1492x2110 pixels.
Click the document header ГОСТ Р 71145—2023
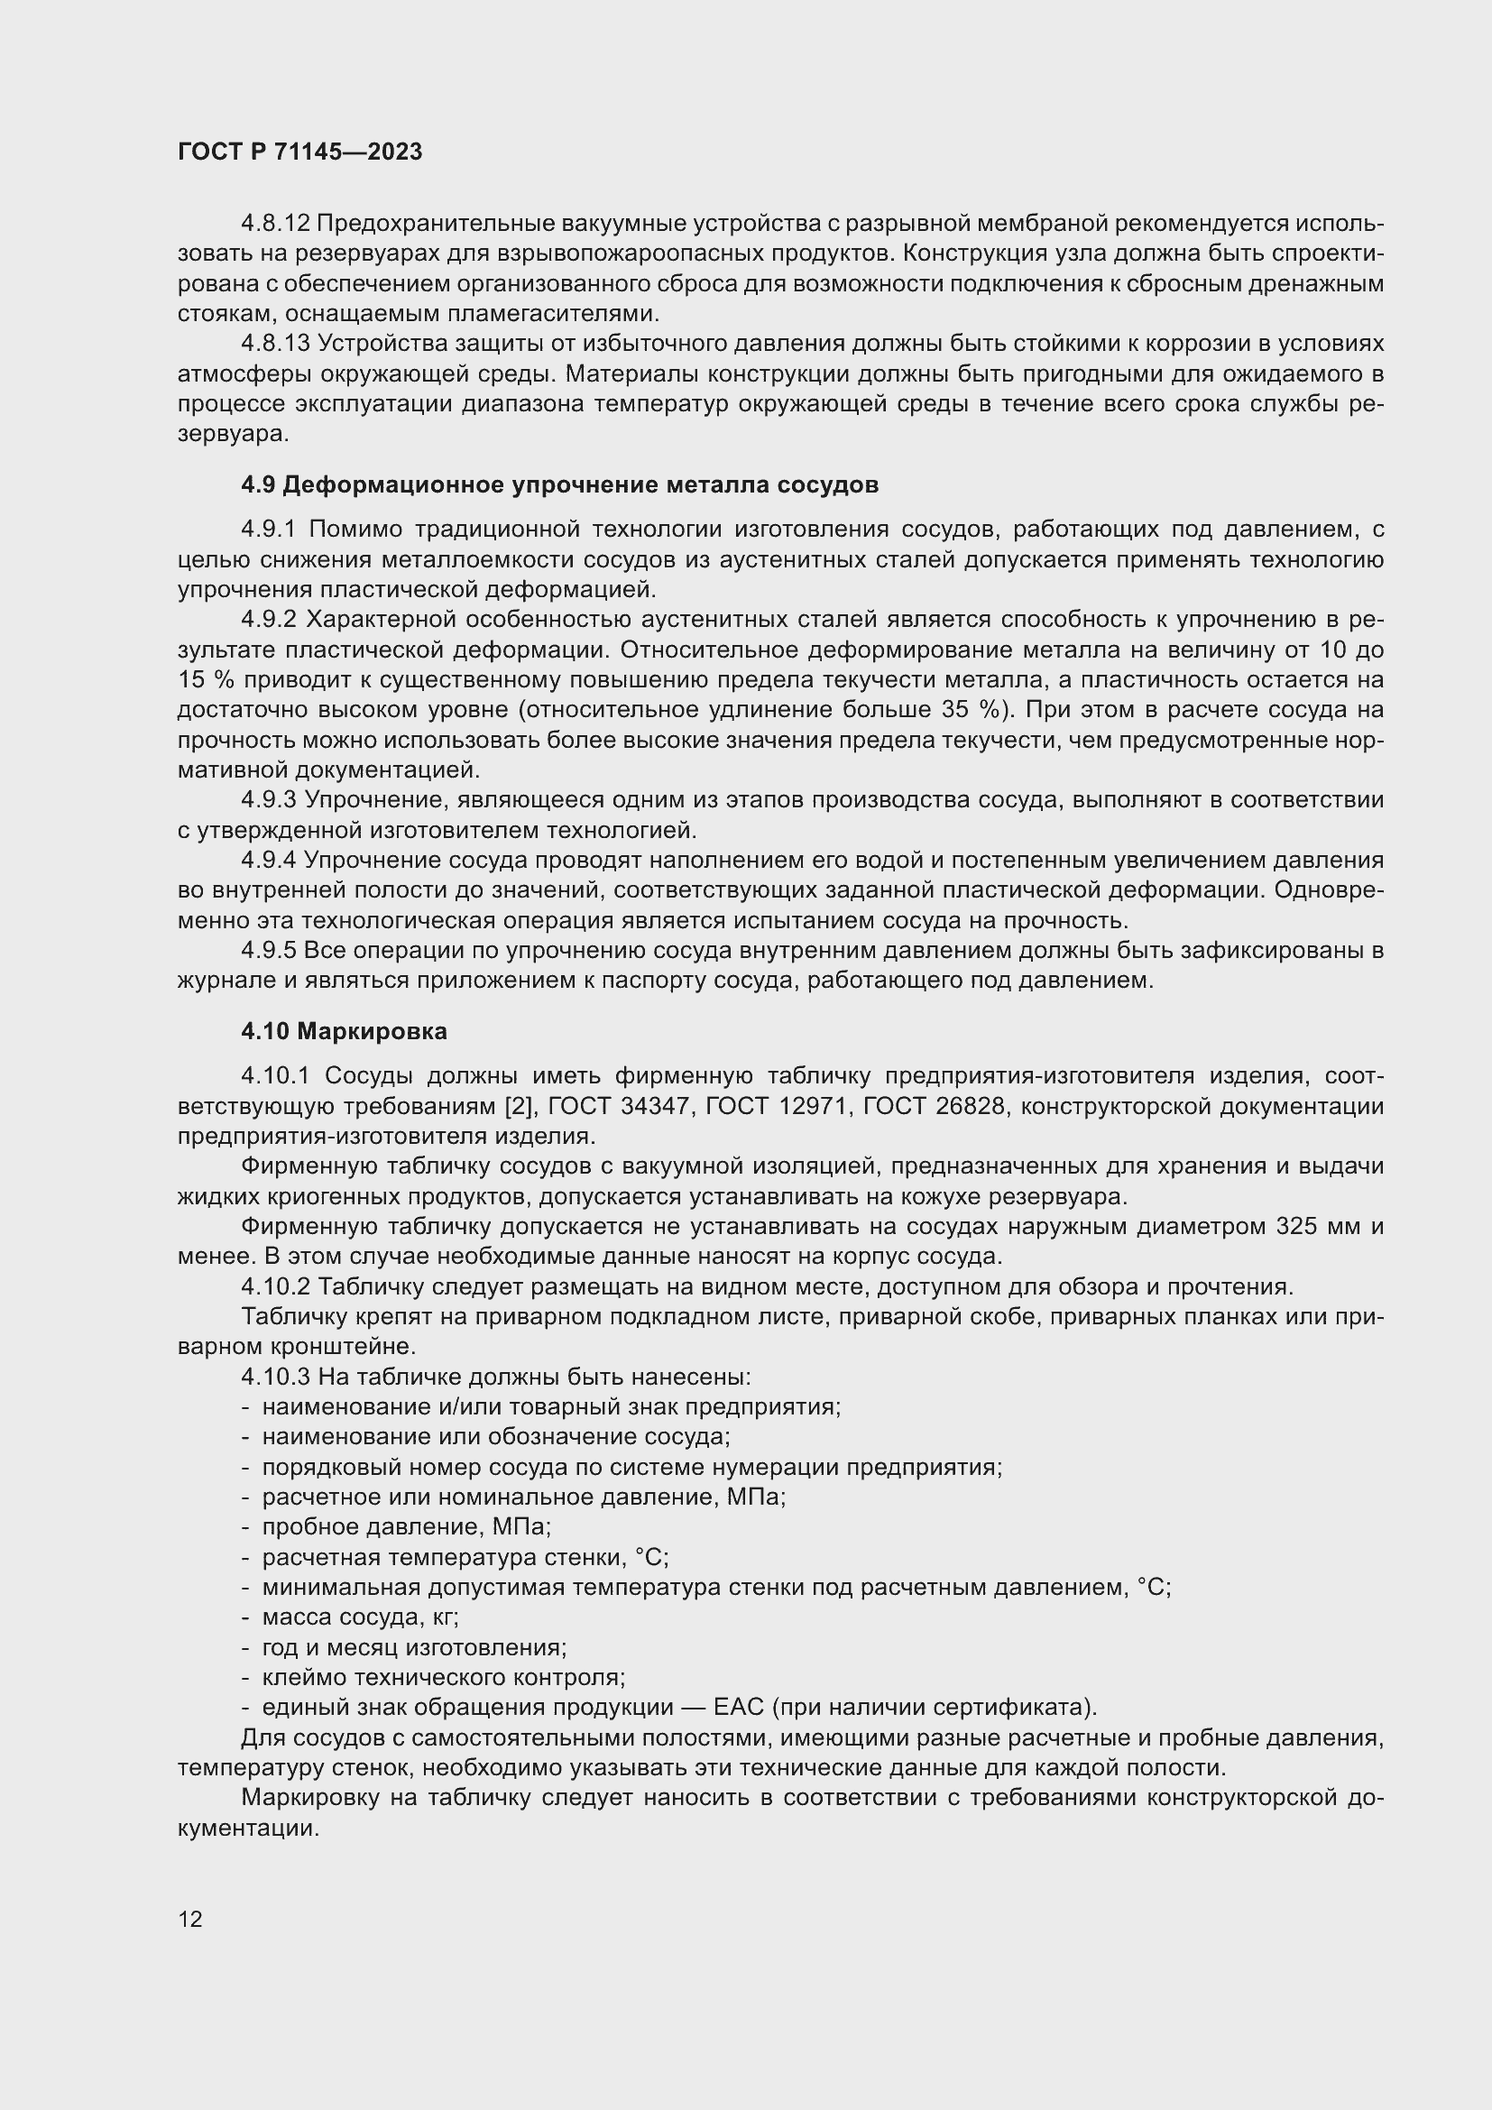299,152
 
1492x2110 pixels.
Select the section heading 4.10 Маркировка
344,1031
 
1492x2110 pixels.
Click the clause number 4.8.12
276,224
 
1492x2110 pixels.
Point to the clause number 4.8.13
276,344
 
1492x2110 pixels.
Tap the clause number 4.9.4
268,861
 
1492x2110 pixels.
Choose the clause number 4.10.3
276,1377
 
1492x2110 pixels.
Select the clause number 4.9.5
268,950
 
